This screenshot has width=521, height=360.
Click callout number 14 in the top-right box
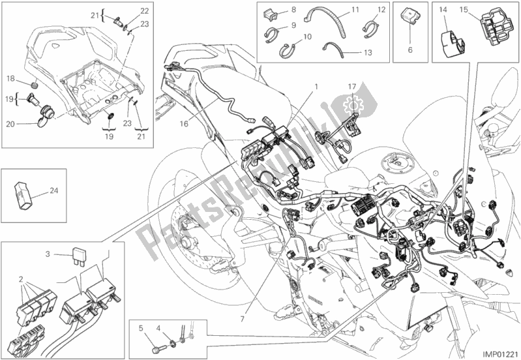pos(442,9)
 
